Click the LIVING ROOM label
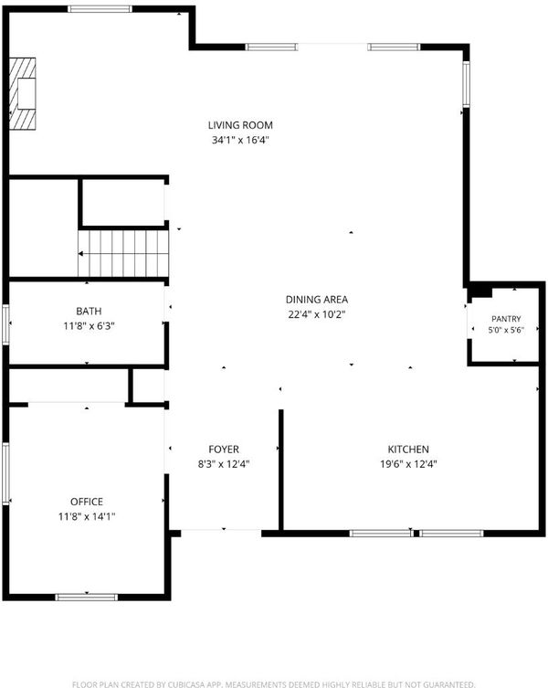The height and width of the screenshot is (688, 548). [x=240, y=125]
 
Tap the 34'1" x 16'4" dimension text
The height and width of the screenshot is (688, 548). [x=240, y=141]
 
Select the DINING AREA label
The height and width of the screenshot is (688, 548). [x=317, y=300]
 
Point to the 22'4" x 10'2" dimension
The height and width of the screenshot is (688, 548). [x=317, y=314]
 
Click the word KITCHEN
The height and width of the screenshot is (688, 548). [x=408, y=450]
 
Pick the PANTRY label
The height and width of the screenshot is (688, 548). [x=506, y=319]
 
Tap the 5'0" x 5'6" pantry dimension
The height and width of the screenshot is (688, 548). [x=506, y=330]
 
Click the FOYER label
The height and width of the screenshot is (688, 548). [x=224, y=450]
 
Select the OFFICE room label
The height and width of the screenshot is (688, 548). [x=87, y=502]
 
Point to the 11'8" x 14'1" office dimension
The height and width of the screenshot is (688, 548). [x=87, y=516]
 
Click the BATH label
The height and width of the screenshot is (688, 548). [x=90, y=311]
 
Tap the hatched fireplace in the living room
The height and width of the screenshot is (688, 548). [x=22, y=94]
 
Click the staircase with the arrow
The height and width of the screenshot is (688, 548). [x=123, y=254]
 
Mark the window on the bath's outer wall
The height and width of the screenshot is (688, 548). [x=5, y=324]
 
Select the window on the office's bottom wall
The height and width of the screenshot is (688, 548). [x=87, y=598]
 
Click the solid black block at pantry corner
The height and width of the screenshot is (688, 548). [x=480, y=291]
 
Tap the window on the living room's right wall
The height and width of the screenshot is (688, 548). [x=466, y=84]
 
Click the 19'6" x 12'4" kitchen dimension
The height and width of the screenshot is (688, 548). [x=408, y=464]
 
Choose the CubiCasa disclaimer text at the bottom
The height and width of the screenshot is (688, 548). [x=274, y=684]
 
